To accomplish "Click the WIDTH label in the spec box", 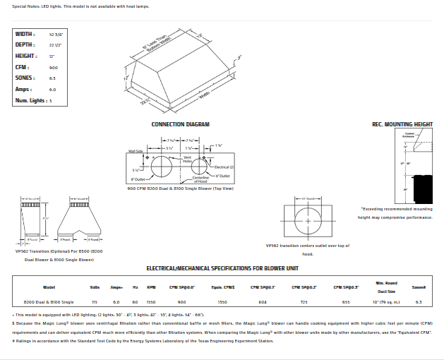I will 25,34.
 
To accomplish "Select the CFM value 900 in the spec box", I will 53,67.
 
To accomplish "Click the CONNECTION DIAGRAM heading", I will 181,124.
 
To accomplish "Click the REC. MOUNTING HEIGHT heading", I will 402,124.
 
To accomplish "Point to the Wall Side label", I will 136,151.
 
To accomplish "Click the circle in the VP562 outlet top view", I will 308,221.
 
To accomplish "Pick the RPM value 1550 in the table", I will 150,301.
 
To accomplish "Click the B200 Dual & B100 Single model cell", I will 49,301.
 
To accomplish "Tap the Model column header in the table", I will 49,287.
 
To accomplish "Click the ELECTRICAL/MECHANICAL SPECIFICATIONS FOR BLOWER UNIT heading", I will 222,268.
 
